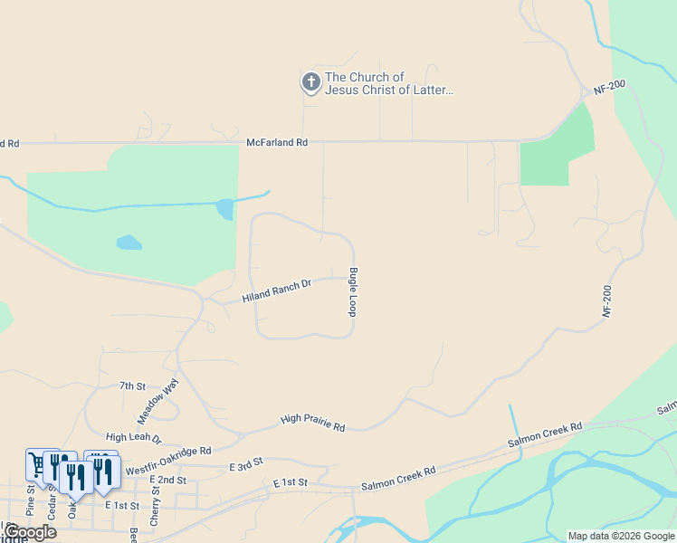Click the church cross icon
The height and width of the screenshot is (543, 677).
click(x=310, y=83)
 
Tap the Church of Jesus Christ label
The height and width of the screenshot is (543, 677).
click(x=389, y=83)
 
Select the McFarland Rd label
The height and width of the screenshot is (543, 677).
click(x=277, y=143)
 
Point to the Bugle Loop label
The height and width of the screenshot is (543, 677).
click(x=353, y=291)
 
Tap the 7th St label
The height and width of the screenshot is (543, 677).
click(x=132, y=386)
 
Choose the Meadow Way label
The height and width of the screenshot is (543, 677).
click(x=157, y=402)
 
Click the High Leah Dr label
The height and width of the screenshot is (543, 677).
click(x=133, y=437)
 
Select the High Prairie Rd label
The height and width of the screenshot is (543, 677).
click(x=313, y=422)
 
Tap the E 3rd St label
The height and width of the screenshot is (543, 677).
click(x=245, y=462)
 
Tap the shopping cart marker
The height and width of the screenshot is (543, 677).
click(x=36, y=464)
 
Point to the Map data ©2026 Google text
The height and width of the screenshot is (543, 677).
click(x=621, y=536)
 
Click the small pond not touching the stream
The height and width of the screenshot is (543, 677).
click(x=129, y=243)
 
